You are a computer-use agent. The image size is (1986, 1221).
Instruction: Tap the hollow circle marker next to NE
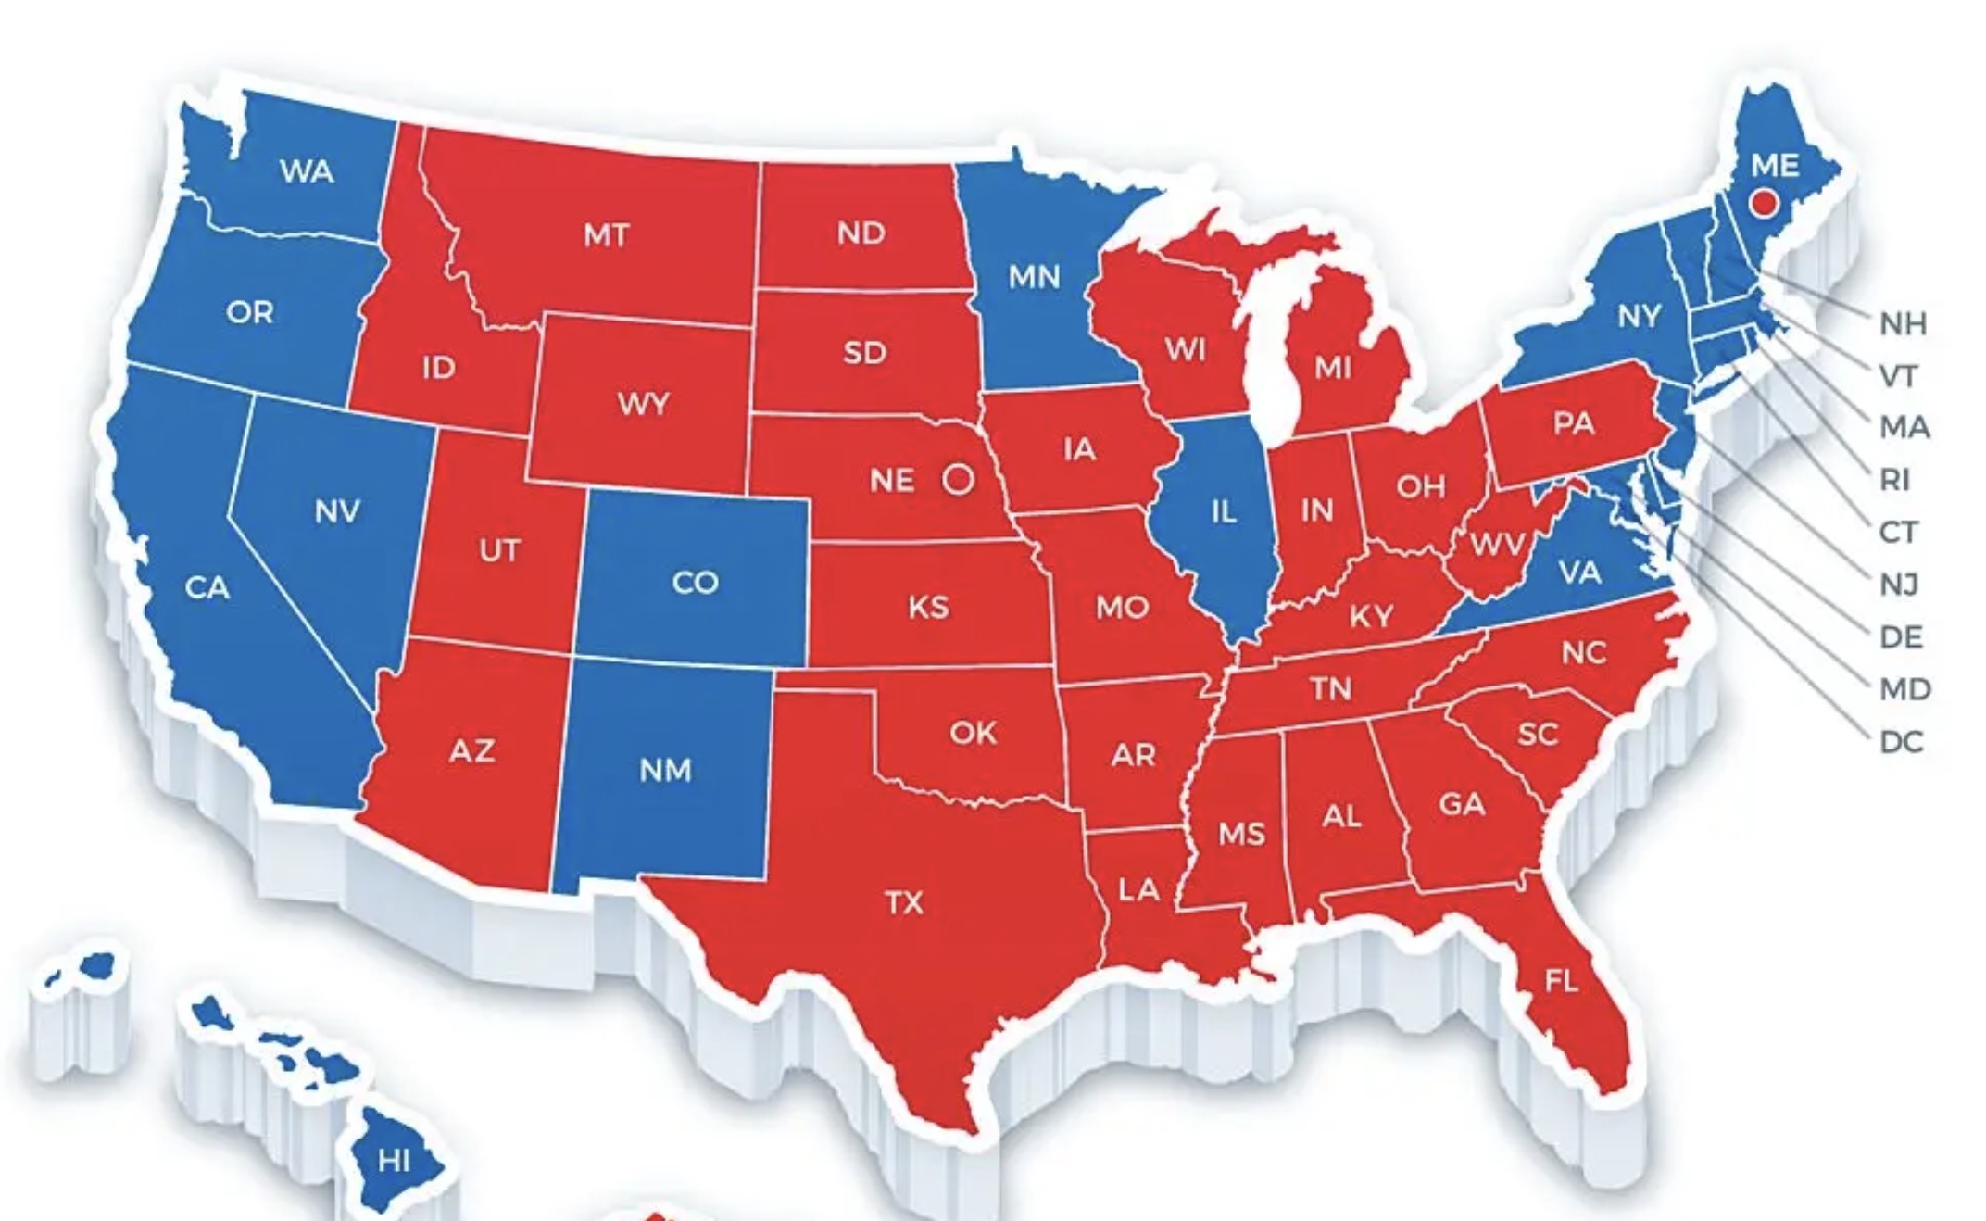pyautogui.click(x=959, y=479)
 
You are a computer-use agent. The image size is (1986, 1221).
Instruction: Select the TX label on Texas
pyautogui.click(x=904, y=901)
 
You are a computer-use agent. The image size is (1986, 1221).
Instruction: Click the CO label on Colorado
pyautogui.click(x=696, y=582)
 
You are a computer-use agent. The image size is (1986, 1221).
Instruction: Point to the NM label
pyautogui.click(x=665, y=769)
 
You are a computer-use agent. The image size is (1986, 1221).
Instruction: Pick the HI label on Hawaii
pyautogui.click(x=395, y=1160)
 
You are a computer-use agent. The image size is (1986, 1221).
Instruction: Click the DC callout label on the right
pyautogui.click(x=1901, y=741)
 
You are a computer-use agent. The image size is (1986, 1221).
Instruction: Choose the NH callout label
pyautogui.click(x=1903, y=323)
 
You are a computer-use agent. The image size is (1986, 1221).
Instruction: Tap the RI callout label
pyautogui.click(x=1894, y=479)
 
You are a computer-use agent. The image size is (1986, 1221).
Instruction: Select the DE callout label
pyautogui.click(x=1901, y=636)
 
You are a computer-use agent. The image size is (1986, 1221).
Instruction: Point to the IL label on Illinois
pyautogui.click(x=1224, y=510)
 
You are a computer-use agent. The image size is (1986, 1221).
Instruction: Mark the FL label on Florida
pyautogui.click(x=1562, y=980)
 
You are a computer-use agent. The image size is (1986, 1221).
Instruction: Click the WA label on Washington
pyautogui.click(x=307, y=170)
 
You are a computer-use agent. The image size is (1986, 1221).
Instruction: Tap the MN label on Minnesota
pyautogui.click(x=1034, y=276)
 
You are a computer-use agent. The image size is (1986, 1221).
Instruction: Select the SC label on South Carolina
pyautogui.click(x=1538, y=734)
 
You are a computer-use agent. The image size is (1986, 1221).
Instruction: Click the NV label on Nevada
pyautogui.click(x=337, y=510)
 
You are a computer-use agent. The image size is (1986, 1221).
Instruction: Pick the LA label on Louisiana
pyautogui.click(x=1138, y=889)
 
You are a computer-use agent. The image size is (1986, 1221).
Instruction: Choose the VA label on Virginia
pyautogui.click(x=1579, y=572)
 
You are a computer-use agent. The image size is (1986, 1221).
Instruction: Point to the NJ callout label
pyautogui.click(x=1899, y=584)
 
